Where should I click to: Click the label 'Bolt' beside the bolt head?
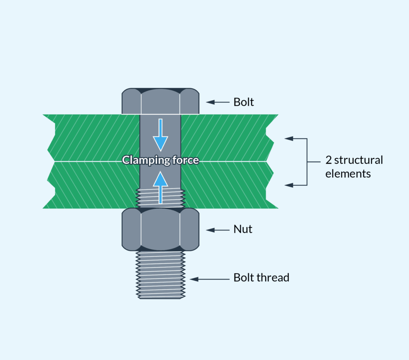(244, 102)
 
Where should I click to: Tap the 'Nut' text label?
(243, 230)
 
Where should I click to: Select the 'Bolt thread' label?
(261, 278)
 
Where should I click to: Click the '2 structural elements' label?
(354, 167)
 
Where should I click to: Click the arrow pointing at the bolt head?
(215, 102)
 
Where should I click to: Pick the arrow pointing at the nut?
(215, 230)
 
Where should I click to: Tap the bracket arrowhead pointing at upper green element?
(289, 139)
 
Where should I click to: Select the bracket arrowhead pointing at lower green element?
(289, 185)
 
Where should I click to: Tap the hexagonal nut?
(160, 230)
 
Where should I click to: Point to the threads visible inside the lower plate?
(160, 198)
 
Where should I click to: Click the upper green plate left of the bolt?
(96, 138)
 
